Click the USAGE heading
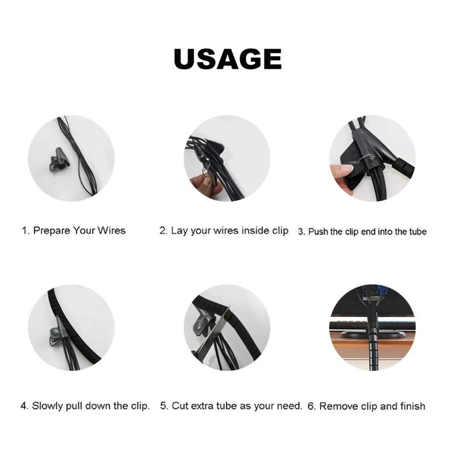(227, 59)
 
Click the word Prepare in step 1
(52, 230)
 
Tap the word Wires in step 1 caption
(112, 230)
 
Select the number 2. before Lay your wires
(163, 230)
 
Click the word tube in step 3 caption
(417, 231)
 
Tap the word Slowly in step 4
(48, 406)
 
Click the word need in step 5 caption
(289, 406)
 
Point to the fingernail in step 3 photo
(345, 169)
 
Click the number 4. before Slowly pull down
(24, 406)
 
